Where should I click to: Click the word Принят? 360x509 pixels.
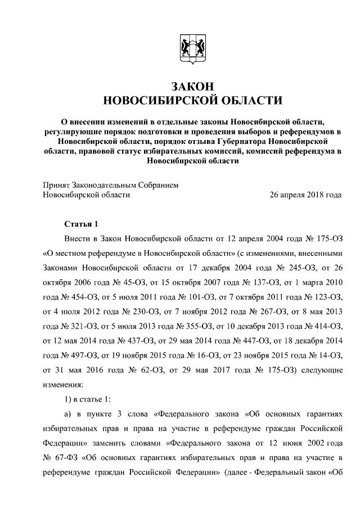[x=57, y=184]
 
